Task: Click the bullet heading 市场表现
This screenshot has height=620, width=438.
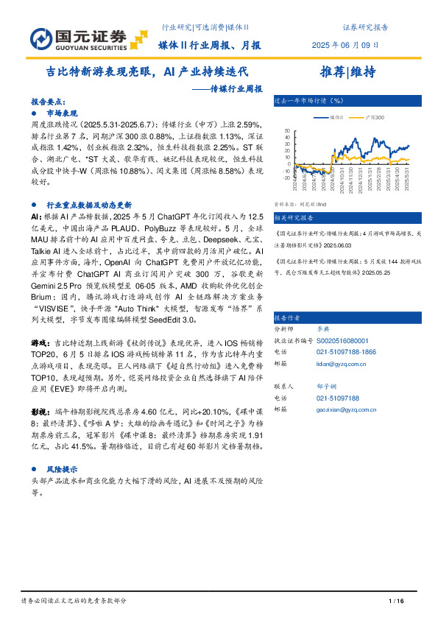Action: point(62,115)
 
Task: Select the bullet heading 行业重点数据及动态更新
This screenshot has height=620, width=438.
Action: point(89,205)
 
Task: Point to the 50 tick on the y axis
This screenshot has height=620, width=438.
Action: point(287,131)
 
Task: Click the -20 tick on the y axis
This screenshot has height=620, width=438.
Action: point(286,177)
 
